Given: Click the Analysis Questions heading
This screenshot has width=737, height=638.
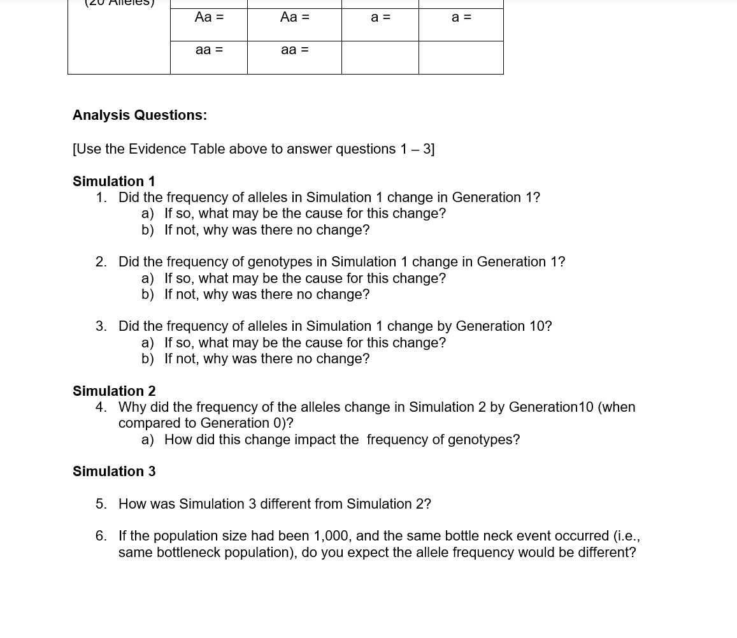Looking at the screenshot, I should click(140, 115).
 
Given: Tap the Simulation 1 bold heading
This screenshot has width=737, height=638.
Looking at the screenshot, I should click(114, 182).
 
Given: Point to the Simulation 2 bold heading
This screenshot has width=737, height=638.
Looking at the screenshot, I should click(114, 391).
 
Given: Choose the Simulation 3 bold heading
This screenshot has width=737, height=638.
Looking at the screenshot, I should click(114, 472).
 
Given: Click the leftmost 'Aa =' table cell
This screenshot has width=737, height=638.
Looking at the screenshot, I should click(209, 17).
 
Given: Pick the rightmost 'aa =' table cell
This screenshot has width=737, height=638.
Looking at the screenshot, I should click(294, 50).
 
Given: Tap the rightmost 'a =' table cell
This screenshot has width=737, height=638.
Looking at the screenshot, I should click(461, 17).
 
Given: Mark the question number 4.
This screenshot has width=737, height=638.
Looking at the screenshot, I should click(101, 407).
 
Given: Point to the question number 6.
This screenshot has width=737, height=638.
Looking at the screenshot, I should click(101, 536).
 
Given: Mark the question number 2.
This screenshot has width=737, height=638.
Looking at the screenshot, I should click(101, 262).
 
